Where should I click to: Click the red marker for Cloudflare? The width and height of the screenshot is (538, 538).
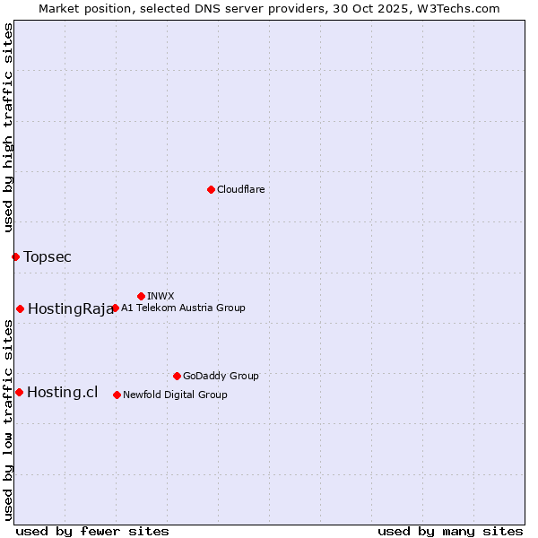click(211, 189)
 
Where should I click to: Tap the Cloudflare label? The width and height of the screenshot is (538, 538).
click(240, 189)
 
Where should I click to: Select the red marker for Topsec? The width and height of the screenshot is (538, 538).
click(15, 256)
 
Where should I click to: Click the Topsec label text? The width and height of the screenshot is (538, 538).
click(48, 257)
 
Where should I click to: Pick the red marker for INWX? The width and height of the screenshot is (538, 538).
click(141, 296)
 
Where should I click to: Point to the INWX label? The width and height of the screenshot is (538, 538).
click(161, 296)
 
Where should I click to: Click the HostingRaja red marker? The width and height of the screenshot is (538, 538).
click(20, 308)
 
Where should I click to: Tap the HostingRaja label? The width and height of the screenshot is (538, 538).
click(70, 309)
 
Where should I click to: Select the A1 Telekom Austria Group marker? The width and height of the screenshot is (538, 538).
click(115, 308)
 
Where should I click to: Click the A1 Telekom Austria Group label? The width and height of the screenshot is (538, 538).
click(183, 308)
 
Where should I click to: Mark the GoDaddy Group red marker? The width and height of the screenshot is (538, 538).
click(177, 376)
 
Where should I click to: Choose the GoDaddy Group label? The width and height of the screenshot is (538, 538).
click(221, 376)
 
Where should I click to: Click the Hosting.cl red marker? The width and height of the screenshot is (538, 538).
click(19, 392)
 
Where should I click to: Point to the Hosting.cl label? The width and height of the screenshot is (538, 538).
click(62, 392)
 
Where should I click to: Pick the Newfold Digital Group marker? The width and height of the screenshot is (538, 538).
click(117, 395)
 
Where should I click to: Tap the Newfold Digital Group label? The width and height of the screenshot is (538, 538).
click(175, 395)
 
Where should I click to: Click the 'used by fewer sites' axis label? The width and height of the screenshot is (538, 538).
click(92, 531)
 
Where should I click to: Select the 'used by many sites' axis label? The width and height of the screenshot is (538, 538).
click(450, 531)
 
